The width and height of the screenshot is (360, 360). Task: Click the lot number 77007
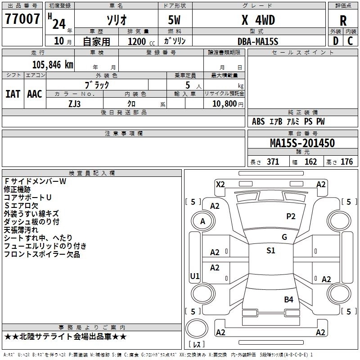coord(22,19)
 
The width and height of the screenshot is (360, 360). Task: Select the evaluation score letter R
coord(343,21)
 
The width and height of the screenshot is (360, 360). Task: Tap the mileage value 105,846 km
coord(53,64)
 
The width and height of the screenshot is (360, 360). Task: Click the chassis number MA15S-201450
coord(302,143)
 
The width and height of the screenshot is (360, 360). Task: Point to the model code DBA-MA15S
coord(258,41)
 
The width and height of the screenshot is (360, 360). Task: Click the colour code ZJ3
coord(74,103)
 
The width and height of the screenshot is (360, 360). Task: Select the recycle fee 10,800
coord(224,103)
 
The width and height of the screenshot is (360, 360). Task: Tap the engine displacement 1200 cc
coord(138,41)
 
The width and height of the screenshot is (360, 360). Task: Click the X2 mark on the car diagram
coord(220,184)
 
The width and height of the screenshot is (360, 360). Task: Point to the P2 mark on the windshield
coord(291,216)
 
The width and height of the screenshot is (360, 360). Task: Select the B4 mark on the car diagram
coord(288,299)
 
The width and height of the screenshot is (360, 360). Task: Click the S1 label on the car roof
coord(270,251)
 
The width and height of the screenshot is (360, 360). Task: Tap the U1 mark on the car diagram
coord(195,276)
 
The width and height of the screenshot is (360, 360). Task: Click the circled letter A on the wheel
coord(202,221)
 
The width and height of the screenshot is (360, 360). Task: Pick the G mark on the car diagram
coord(284,237)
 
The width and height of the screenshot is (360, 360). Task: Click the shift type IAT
coord(13,94)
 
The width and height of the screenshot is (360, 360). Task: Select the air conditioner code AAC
coord(34,94)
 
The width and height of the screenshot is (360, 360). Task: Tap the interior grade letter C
coord(350,41)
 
